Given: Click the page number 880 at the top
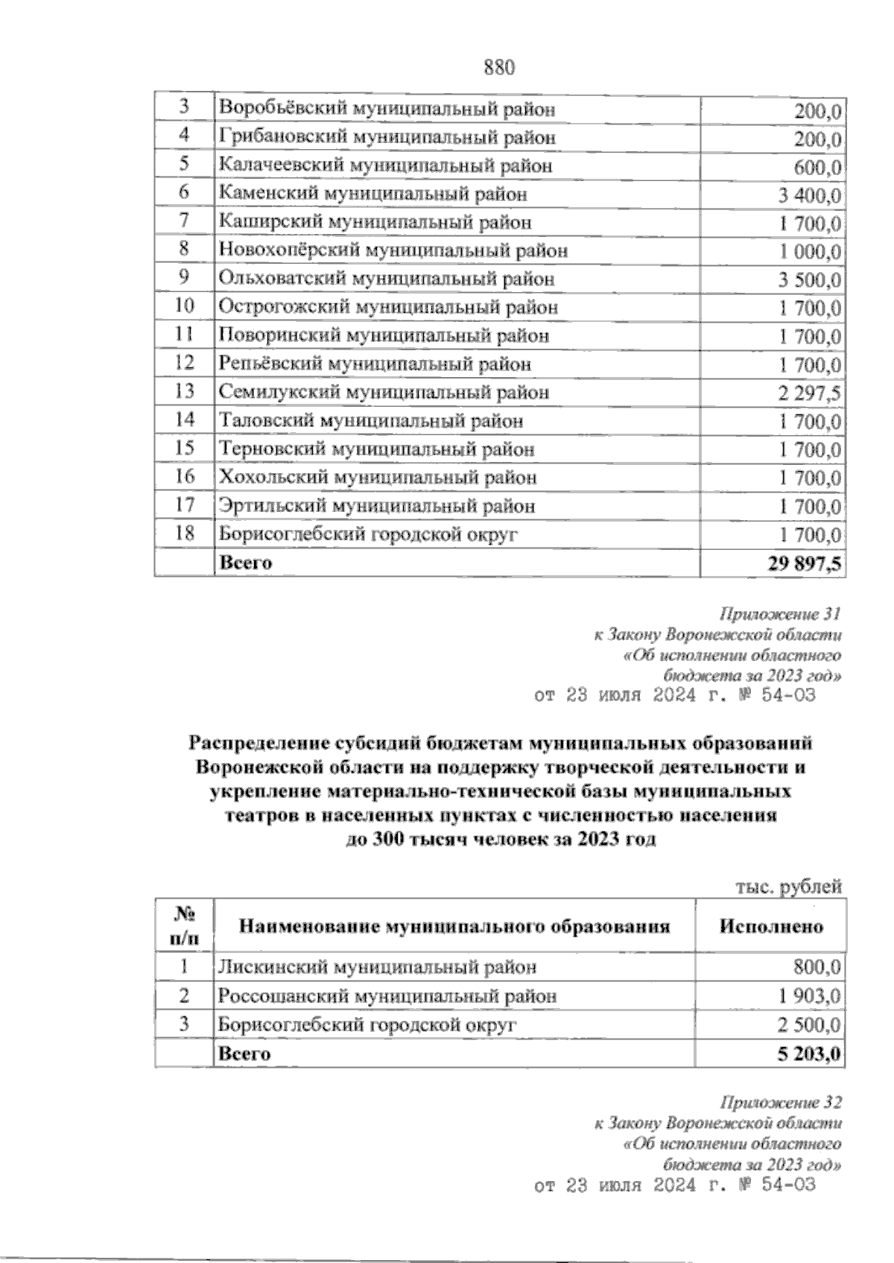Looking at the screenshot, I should pyautogui.click(x=500, y=68).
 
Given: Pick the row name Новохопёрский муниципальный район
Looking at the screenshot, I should pyautogui.click(x=393, y=251).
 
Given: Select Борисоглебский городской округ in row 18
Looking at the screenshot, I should pyautogui.click(x=367, y=534).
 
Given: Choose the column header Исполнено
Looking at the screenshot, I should pyautogui.click(x=771, y=926).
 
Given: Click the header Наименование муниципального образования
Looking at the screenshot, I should pyautogui.click(x=454, y=926).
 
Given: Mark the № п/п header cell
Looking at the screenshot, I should pyautogui.click(x=184, y=925).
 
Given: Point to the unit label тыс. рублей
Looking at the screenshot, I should pyautogui.click(x=788, y=887).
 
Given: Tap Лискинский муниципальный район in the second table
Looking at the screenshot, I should pyautogui.click(x=377, y=968).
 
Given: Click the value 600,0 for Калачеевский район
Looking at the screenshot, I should pyautogui.click(x=818, y=167).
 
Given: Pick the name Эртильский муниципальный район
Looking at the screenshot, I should pyautogui.click(x=377, y=506).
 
